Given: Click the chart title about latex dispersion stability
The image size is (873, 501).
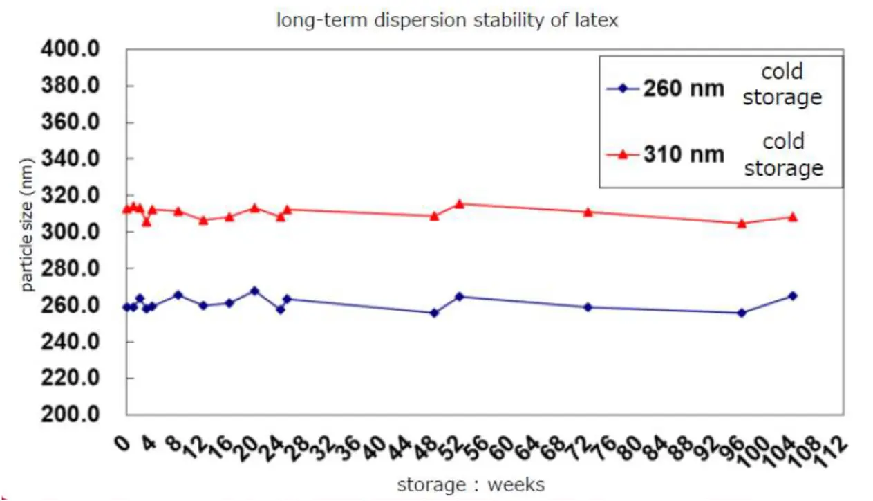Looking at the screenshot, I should [447, 21].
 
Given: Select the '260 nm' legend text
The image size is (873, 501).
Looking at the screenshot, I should [684, 89].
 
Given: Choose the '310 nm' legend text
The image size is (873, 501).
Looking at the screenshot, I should [684, 154].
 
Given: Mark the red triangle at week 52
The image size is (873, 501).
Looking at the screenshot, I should [459, 204].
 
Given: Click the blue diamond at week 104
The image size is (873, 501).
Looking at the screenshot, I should [793, 295].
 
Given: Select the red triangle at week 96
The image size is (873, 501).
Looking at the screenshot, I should [742, 224].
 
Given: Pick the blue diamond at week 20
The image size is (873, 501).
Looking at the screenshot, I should [254, 291].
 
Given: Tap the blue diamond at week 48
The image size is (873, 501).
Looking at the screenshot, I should [434, 313].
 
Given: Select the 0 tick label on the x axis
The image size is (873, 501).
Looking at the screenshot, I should [123, 440].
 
